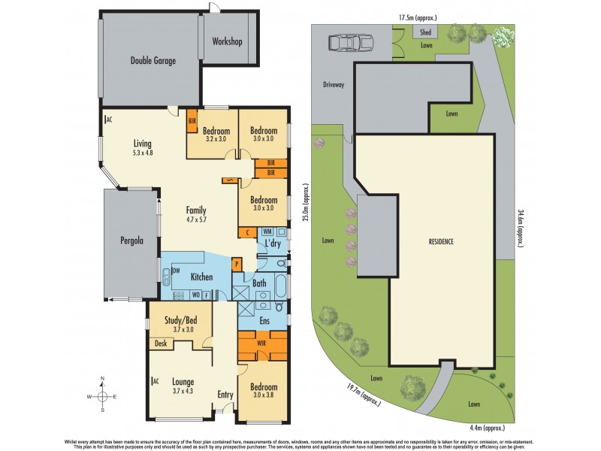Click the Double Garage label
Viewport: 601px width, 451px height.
[x=153, y=61]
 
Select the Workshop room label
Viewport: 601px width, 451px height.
[x=227, y=41]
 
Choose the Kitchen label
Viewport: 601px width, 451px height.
[x=201, y=277]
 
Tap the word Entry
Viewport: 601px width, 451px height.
[x=225, y=395]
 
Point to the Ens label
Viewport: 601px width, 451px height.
[x=264, y=321]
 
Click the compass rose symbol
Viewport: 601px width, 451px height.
[x=102, y=395]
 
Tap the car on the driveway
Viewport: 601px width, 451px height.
[x=349, y=43]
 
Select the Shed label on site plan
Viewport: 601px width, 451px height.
[x=425, y=32]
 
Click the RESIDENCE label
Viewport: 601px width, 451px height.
[x=441, y=242]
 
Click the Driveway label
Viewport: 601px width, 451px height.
[x=334, y=85]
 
